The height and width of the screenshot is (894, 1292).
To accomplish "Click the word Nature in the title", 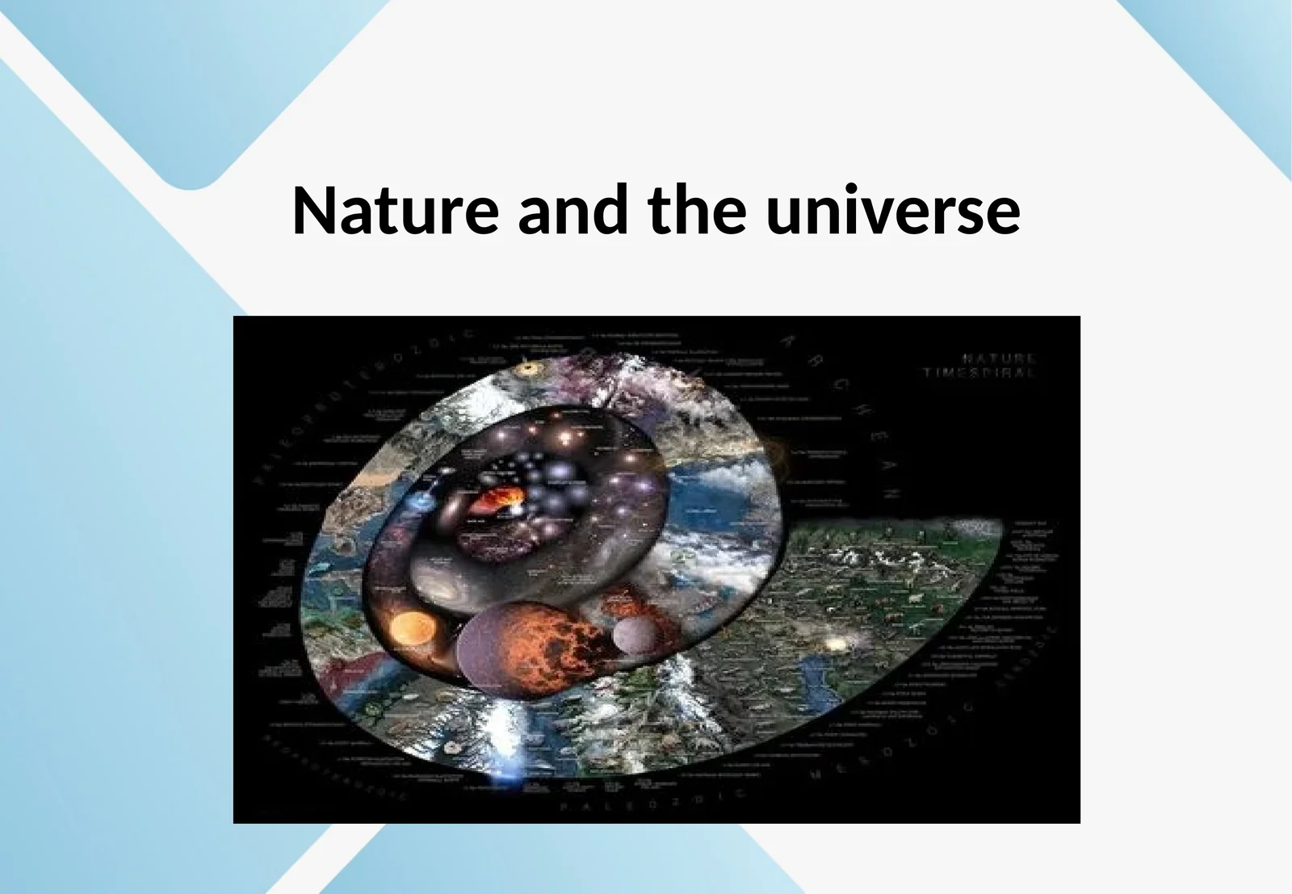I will [x=395, y=211].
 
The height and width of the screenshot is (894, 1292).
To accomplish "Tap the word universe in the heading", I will [x=893, y=211].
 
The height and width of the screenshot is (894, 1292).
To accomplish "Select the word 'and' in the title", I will [x=573, y=211].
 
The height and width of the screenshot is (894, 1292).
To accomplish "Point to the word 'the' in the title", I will [x=697, y=211].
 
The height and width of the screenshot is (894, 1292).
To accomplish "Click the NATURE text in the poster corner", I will [x=999, y=357].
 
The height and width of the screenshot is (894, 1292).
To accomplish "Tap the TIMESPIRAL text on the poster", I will [x=979, y=373].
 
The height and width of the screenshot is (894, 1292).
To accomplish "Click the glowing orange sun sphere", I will [x=413, y=627].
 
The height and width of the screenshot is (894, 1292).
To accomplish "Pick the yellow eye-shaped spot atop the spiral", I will [x=530, y=369].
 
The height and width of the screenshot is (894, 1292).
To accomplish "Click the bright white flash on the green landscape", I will [x=836, y=644].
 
